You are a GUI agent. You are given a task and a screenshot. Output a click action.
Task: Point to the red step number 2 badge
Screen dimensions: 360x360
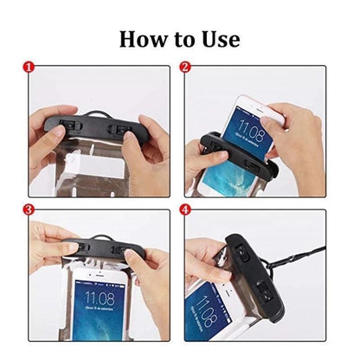(x=185, y=66)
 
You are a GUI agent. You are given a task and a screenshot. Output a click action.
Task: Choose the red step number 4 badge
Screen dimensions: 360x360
(x=185, y=209)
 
